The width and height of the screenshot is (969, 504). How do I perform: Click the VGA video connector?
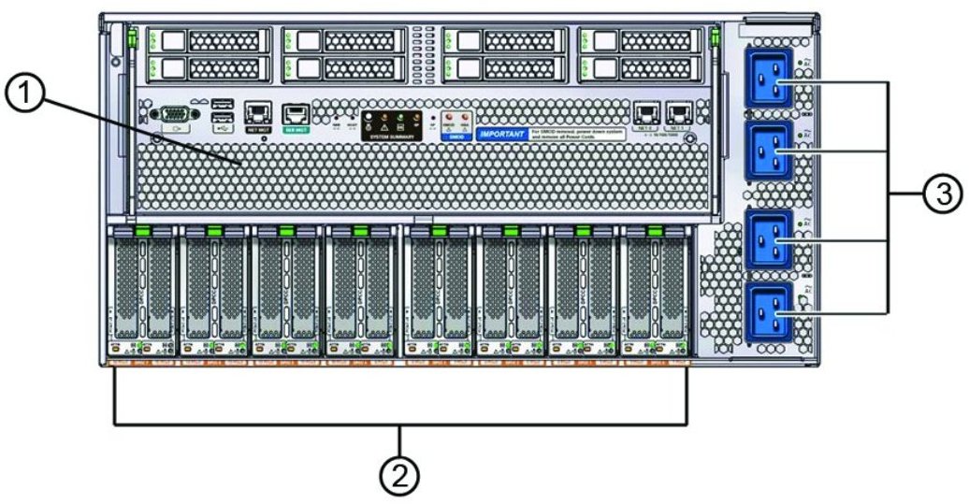[x=170, y=115]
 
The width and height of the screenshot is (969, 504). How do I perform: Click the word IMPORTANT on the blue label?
[x=502, y=134]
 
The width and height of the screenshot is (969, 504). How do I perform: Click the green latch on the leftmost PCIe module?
[x=143, y=230]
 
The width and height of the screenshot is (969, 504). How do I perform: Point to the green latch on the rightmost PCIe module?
[x=653, y=230]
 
